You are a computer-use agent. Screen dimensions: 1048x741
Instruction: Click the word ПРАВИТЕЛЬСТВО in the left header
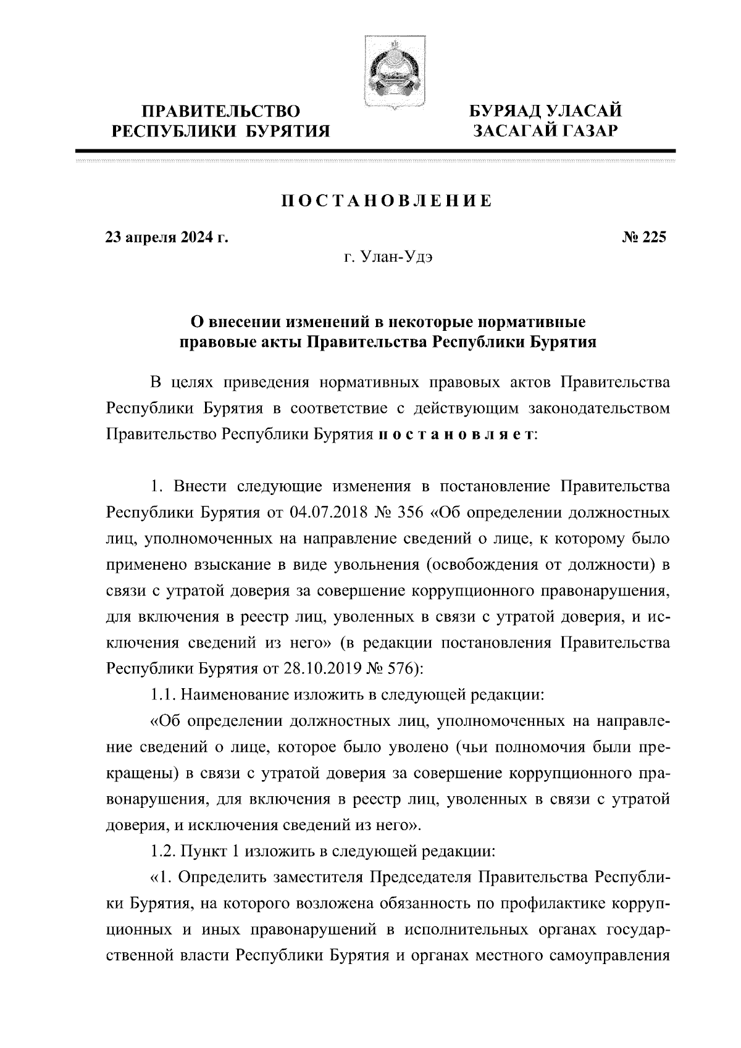pyautogui.click(x=221, y=112)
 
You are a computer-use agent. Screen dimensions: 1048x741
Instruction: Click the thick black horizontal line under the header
pyautogui.click(x=375, y=151)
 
